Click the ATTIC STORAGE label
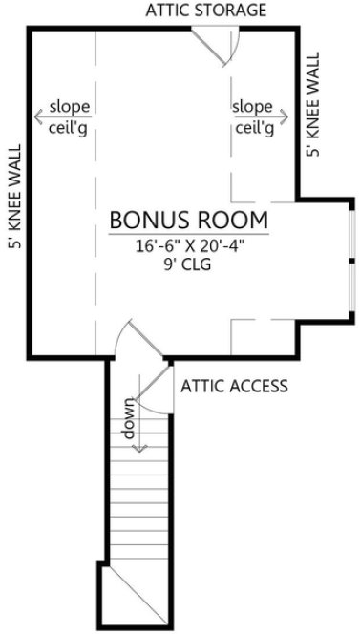pyautogui.click(x=205, y=11)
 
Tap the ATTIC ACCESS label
pyautogui.click(x=234, y=386)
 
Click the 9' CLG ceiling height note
pyautogui.click(x=187, y=265)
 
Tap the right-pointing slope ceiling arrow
pyautogui.click(x=282, y=116)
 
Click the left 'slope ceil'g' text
pyautogui.click(x=69, y=116)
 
